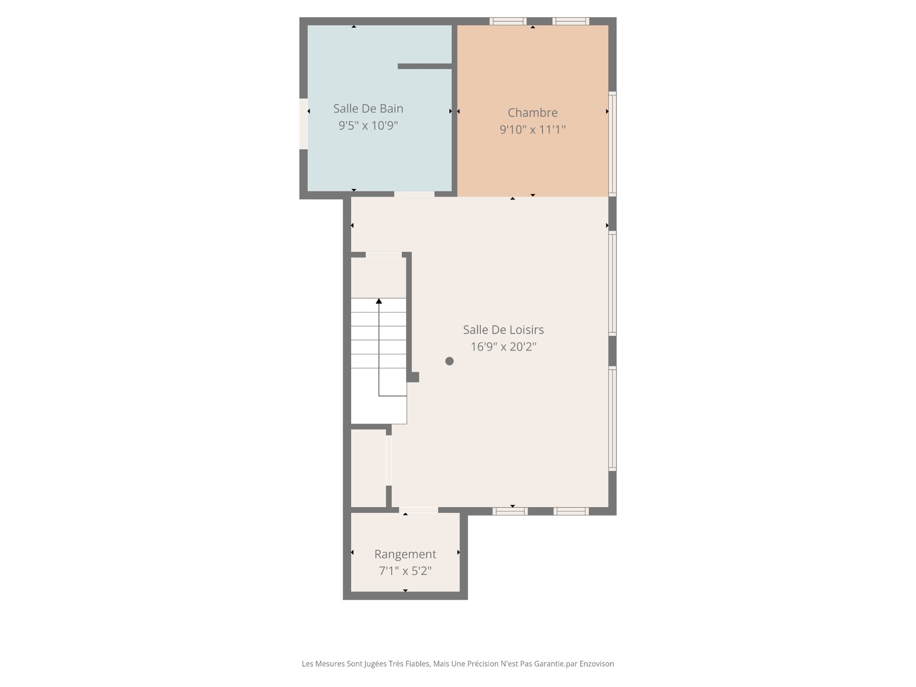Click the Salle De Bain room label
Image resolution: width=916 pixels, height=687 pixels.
coord(368,108)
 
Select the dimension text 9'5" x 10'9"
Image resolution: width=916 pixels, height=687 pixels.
coord(368,125)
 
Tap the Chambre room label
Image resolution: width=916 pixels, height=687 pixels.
coord(532,113)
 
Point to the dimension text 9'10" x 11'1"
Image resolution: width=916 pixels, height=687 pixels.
coord(532,129)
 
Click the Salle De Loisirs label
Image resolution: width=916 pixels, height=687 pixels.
coord(503,330)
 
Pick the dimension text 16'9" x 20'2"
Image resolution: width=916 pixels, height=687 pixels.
coord(503,346)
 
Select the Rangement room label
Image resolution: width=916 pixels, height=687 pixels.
coord(405,554)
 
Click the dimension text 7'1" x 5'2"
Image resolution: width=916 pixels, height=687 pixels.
coord(405,571)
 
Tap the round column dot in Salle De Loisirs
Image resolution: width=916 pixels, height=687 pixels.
coord(449,361)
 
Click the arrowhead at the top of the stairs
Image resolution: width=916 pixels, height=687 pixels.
coord(379,301)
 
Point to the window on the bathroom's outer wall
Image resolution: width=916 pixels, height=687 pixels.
coord(303,124)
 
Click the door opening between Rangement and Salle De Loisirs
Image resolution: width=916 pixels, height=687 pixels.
coord(418,510)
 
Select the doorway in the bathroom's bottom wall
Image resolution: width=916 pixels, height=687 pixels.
coord(414,194)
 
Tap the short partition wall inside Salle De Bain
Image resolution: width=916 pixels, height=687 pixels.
coord(425,66)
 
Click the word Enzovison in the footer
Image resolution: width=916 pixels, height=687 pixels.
coord(596,664)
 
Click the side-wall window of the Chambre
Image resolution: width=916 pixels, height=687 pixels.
coord(613,143)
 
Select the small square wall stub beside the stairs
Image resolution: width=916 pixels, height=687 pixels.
coord(413,377)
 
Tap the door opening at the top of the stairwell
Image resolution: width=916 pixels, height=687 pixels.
coord(384,255)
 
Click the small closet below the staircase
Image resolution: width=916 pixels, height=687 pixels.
coord(368,468)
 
